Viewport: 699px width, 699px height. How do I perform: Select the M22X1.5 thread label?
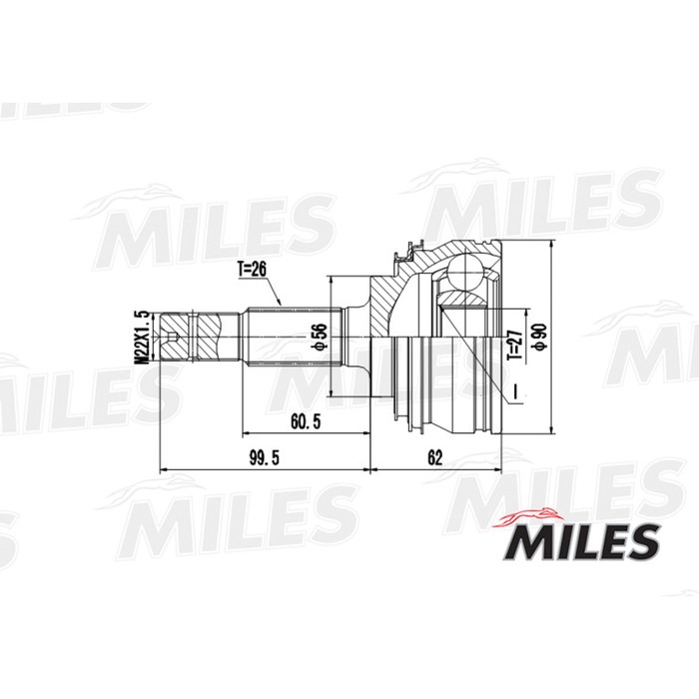tap(143, 339)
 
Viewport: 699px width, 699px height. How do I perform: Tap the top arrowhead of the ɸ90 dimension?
tap(551, 245)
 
